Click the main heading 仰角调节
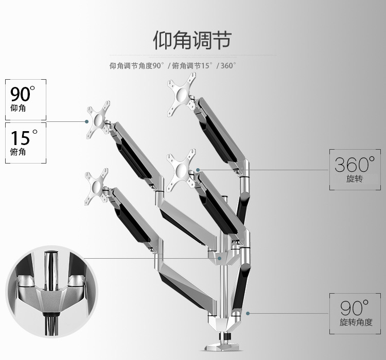pos(192,40)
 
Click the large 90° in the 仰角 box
pos(23,94)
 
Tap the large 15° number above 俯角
pos(24,137)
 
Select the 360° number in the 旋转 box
pos(355,164)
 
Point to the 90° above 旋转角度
pos(355,308)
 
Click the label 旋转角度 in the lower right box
pos(356,322)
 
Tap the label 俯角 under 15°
pos(18,152)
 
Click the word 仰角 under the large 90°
pos(18,108)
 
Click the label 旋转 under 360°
pos(355,178)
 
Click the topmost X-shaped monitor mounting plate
pos(182,94)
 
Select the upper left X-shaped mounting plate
pos(98,120)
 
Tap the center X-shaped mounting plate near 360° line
pos(181,170)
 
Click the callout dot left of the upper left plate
pos(86,121)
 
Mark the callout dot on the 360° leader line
pos(198,170)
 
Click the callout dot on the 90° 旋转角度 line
pos(248,313)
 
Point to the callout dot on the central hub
pos(219,258)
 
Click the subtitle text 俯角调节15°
pos(192,66)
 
